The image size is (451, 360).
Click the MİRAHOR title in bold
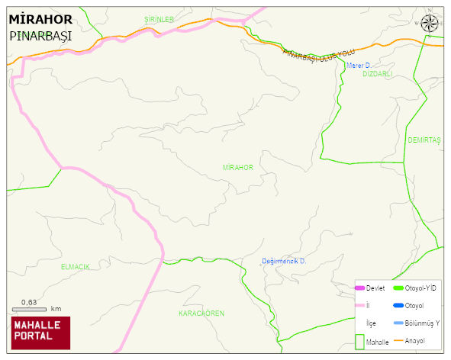click(x=41, y=18)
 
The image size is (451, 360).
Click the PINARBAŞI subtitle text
click(x=40, y=35)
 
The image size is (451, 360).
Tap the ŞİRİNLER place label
click(x=159, y=19)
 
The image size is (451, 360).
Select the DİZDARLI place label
click(x=378, y=74)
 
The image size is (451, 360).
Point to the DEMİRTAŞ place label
click(x=424, y=140)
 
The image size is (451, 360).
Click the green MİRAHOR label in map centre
click(x=237, y=167)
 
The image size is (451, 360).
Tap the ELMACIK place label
click(x=76, y=266)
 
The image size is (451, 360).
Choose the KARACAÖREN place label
click(x=201, y=313)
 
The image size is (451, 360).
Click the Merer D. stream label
click(x=359, y=66)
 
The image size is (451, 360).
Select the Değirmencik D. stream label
click(x=284, y=262)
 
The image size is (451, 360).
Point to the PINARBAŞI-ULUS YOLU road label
click(x=319, y=56)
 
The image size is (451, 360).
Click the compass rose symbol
click(x=431, y=24)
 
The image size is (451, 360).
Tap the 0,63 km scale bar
click(x=31, y=308)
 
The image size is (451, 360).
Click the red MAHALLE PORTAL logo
click(x=40, y=331)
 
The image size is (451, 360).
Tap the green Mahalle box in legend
click(x=361, y=342)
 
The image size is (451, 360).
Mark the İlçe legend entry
click(x=371, y=323)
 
